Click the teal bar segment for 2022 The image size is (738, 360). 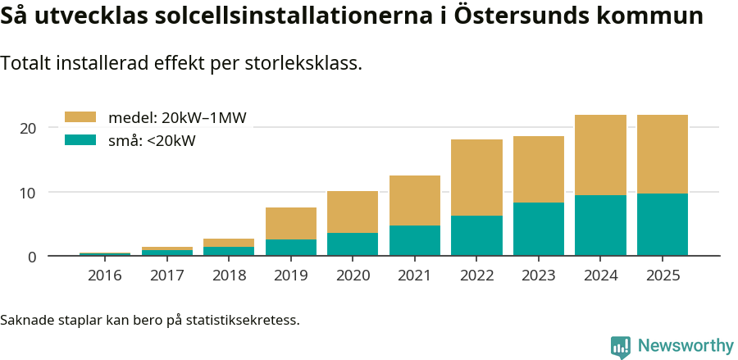coord(476,235)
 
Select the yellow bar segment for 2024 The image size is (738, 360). coord(600,155)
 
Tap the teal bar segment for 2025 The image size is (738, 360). coord(663,225)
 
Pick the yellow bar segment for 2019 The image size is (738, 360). coord(291,223)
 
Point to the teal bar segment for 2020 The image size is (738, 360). coord(353,244)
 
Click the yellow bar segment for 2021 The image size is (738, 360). coord(415,200)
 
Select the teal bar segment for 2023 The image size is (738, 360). coord(539,229)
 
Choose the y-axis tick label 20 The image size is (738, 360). coord(29,128)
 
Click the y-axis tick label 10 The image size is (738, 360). coord(29,193)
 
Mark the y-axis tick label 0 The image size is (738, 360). coord(33,257)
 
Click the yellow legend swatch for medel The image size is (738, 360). coord(80,117)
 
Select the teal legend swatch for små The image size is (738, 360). coord(80,140)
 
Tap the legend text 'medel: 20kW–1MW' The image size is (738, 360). coord(177,117)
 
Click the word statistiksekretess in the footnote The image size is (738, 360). coord(242,319)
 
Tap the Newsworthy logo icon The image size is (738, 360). coord(621,346)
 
